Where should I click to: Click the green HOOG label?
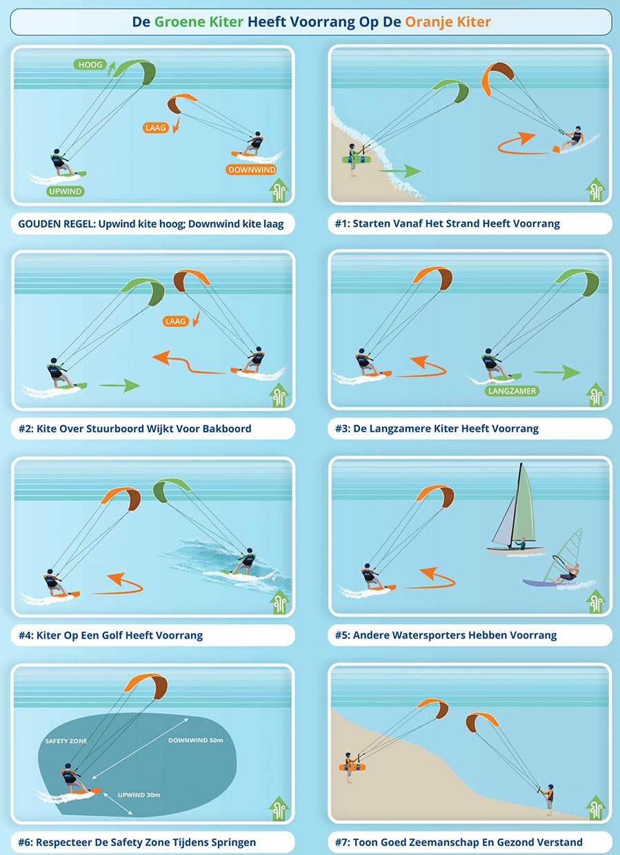[90, 65]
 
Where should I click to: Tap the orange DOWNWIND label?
[252, 170]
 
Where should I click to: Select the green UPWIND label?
[66, 191]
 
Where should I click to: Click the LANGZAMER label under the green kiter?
[512, 391]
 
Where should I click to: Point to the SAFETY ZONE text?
[66, 741]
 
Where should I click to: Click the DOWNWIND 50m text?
[195, 740]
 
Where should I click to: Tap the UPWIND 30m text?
[139, 795]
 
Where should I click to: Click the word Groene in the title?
[179, 22]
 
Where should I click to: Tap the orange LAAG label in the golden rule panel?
[155, 128]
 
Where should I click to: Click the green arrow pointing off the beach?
[399, 170]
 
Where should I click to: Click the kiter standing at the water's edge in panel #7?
[548, 799]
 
